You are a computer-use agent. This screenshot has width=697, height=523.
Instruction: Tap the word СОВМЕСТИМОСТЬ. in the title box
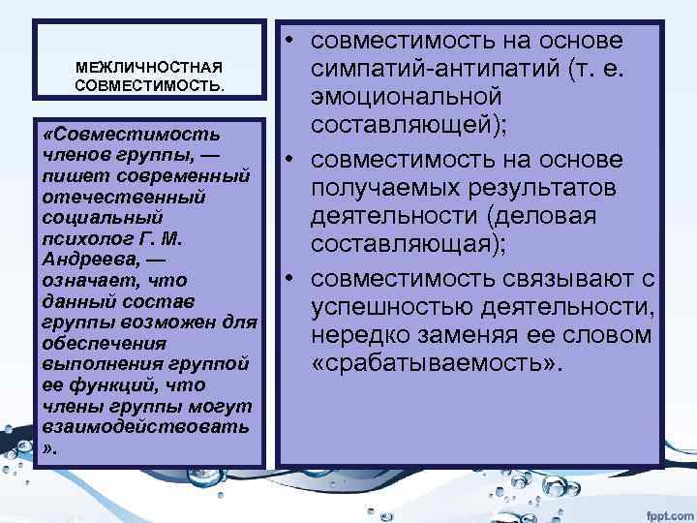click(x=149, y=86)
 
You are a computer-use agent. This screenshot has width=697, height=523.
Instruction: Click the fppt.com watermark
click(x=669, y=508)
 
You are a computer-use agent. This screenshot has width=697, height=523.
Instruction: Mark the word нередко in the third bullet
click(x=359, y=337)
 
